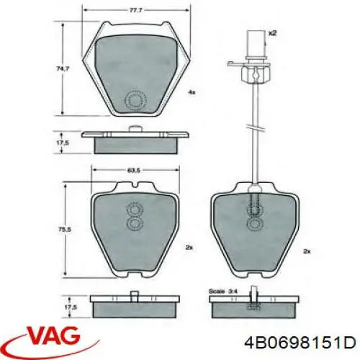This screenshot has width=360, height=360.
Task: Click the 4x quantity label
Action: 192,93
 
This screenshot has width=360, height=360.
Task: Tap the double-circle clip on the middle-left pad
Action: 134,217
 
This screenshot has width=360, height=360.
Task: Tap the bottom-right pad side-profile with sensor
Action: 255,304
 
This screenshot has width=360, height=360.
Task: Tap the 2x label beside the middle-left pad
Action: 189,247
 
